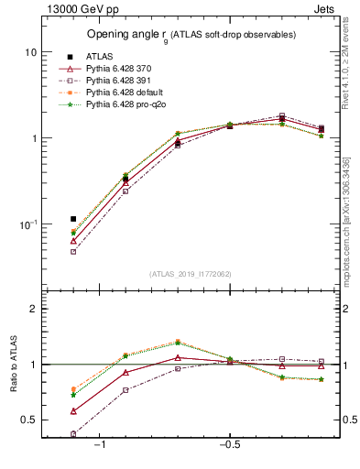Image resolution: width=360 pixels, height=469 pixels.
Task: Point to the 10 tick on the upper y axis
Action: (x=30, y=52)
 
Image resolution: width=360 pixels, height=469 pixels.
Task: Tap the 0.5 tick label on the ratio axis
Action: (x=29, y=420)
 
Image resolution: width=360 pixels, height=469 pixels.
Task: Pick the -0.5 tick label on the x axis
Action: (x=228, y=444)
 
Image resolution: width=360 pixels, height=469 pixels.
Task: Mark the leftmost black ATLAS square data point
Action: (x=73, y=219)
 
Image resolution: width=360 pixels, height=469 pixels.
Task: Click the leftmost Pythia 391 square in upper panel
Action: (x=73, y=251)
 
